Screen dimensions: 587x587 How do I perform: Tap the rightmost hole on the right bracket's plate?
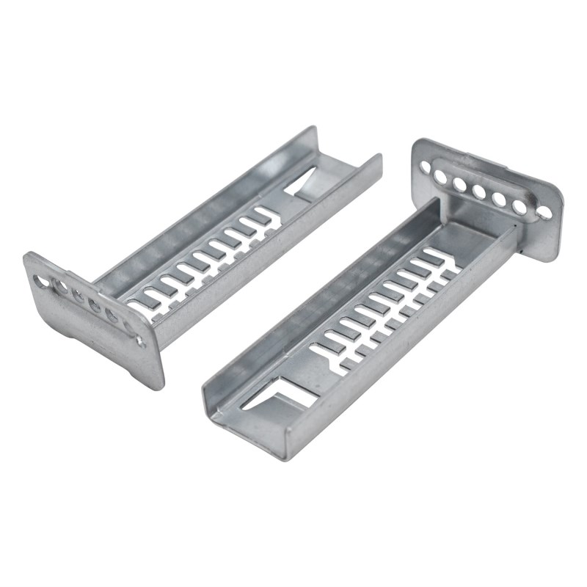point(543,213)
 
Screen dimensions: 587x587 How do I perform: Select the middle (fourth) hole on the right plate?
point(479,192)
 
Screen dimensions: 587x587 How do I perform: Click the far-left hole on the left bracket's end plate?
point(38,280)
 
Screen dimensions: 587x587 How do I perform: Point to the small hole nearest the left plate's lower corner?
point(139,340)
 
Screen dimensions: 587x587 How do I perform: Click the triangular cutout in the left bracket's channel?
point(303,183)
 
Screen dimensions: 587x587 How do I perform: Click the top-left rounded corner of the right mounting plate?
point(417,143)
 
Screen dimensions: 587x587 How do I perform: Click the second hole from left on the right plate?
point(442,176)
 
